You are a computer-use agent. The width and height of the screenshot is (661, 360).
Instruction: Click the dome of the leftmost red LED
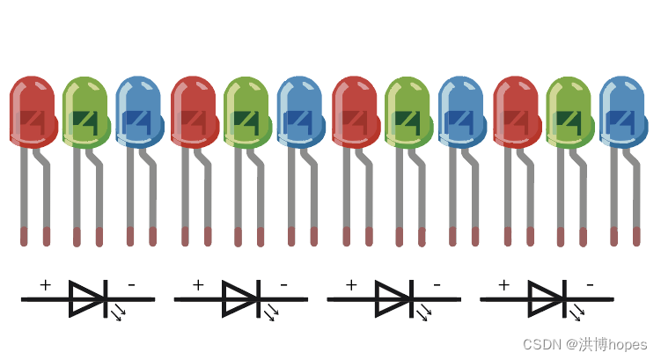[33, 112]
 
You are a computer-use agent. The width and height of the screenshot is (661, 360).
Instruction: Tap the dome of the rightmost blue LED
[623, 112]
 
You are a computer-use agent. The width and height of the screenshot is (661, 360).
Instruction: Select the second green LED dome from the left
[247, 112]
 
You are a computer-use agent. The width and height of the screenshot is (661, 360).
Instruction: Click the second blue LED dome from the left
[300, 112]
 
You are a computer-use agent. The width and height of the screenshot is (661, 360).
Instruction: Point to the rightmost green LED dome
[570, 112]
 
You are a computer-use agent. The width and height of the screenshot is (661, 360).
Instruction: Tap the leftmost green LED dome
[86, 112]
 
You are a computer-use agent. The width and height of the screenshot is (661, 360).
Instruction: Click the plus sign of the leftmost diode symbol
[45, 285]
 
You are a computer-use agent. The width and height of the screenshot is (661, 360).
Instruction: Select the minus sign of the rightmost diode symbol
[591, 285]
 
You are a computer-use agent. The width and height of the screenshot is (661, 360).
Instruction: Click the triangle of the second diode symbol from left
[239, 299]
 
